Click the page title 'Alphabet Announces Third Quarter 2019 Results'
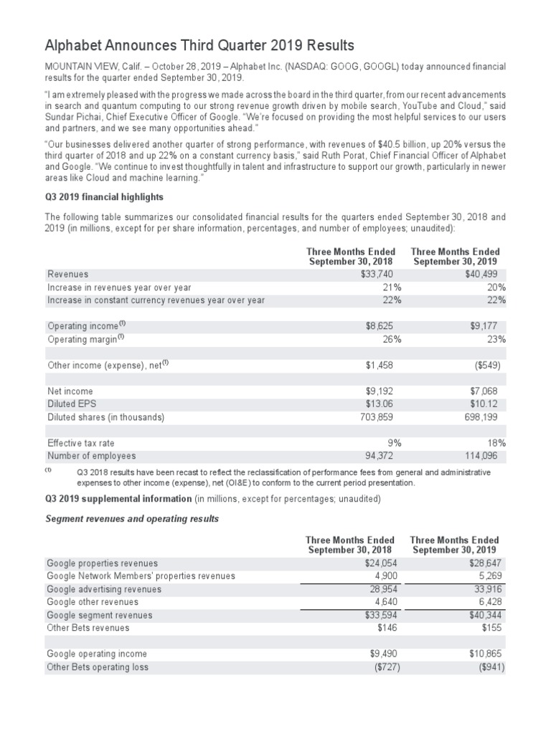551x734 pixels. [x=200, y=46]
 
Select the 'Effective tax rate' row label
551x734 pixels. [x=80, y=443]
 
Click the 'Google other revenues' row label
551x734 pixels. [x=93, y=602]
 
